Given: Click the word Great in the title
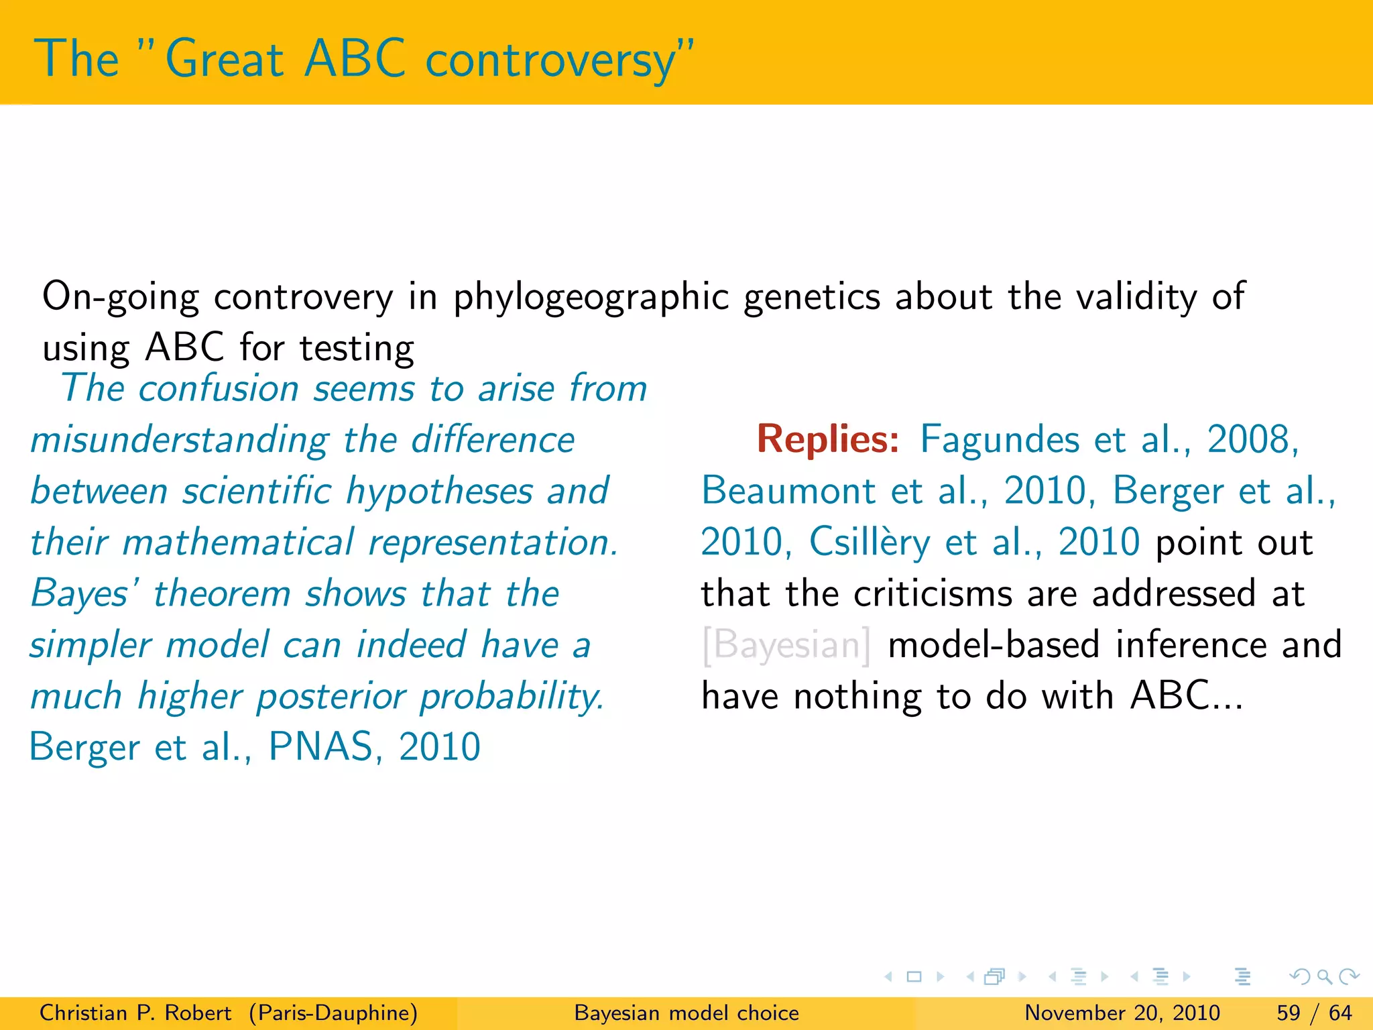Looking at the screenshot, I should pos(225,59).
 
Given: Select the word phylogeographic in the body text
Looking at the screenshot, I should pos(591,297).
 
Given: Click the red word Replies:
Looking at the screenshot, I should pos(828,439).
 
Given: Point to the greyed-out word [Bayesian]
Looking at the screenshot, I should pos(786,645).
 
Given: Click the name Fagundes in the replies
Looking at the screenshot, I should pos(999,441).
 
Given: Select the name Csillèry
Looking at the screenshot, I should pos(870,542).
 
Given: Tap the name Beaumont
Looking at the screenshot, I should pos(788,490).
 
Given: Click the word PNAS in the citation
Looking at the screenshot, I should pos(320,747).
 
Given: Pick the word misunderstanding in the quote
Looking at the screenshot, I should pos(180,441).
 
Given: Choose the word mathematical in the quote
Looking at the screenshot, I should pos(238,542).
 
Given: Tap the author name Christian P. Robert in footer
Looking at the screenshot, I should pos(135,1013).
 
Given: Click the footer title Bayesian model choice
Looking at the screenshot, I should pos(686,1013).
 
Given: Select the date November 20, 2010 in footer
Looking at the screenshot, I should pos(1122,1013).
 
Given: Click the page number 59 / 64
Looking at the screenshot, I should pos(1314,1013).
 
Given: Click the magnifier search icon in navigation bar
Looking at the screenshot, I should pos(1324,977).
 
